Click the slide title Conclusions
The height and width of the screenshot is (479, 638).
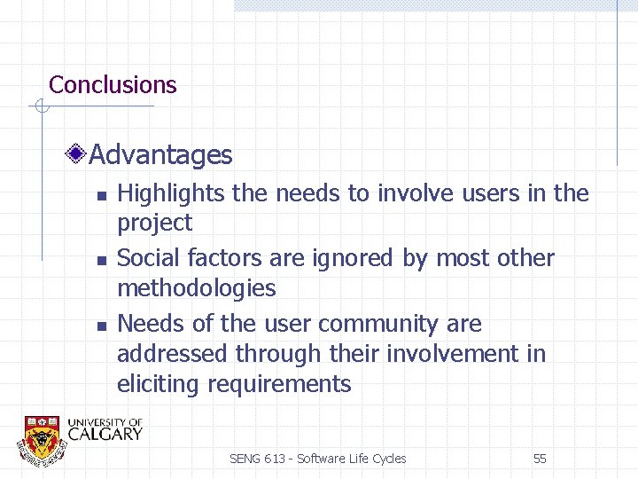pyautogui.click(x=113, y=85)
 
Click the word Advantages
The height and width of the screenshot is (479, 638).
pyautogui.click(x=160, y=155)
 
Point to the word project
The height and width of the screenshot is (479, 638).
pyautogui.click(x=154, y=223)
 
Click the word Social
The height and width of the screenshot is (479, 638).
pyautogui.click(x=144, y=258)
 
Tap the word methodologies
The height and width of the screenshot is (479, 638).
pyautogui.click(x=196, y=288)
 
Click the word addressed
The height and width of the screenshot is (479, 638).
pyautogui.click(x=173, y=354)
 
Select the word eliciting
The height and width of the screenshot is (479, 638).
pyautogui.click(x=159, y=384)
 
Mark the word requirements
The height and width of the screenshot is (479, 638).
pyautogui.click(x=279, y=384)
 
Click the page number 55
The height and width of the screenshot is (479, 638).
pyautogui.click(x=540, y=459)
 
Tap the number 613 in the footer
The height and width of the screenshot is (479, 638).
pyautogui.click(x=275, y=459)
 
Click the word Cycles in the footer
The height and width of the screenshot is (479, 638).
pyautogui.click(x=389, y=459)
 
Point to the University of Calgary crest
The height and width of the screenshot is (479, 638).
pyautogui.click(x=41, y=438)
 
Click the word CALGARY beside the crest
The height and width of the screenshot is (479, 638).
pyautogui.click(x=105, y=434)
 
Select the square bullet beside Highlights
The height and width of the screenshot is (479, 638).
pyautogui.click(x=102, y=195)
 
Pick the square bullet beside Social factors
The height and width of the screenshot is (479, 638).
pyautogui.click(x=102, y=261)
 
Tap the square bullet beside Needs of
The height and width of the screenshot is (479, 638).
pyautogui.click(x=102, y=326)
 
